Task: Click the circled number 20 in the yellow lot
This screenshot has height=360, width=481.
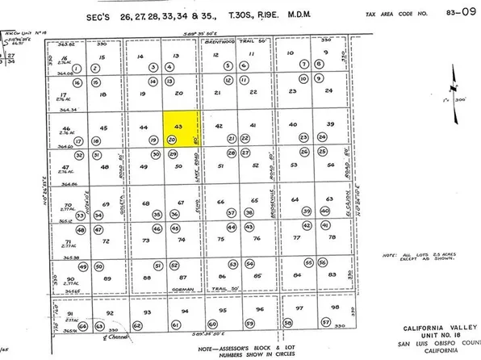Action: click(172, 140)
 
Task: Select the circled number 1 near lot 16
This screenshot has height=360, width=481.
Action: click(77, 82)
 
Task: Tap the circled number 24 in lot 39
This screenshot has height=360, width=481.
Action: click(323, 138)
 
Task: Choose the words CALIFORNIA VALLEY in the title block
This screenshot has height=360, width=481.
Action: click(432, 329)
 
